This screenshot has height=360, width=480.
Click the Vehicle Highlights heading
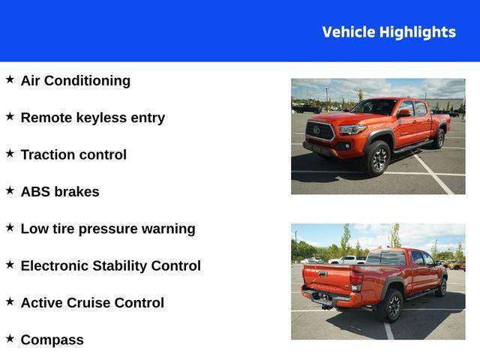[388, 32]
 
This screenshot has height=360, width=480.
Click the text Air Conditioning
[75, 80]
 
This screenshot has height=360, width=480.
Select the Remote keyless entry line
[92, 118]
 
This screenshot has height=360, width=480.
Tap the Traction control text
[73, 154]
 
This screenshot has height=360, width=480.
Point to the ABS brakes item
[60, 191]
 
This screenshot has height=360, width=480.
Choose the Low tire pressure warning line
[108, 229]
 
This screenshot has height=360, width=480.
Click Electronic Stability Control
[110, 265]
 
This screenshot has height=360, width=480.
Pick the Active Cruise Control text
[92, 303]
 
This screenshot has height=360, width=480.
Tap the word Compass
[52, 340]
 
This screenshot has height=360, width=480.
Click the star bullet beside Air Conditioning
[10, 79]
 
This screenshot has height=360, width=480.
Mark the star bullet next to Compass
[10, 338]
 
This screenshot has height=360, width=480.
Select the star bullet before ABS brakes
[10, 190]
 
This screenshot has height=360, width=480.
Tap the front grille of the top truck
[320, 132]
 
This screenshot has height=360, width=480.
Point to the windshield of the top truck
[375, 107]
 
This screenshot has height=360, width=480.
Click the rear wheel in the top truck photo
[439, 139]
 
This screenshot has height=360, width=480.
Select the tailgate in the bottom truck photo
[326, 278]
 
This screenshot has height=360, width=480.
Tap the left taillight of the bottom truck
[356, 280]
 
